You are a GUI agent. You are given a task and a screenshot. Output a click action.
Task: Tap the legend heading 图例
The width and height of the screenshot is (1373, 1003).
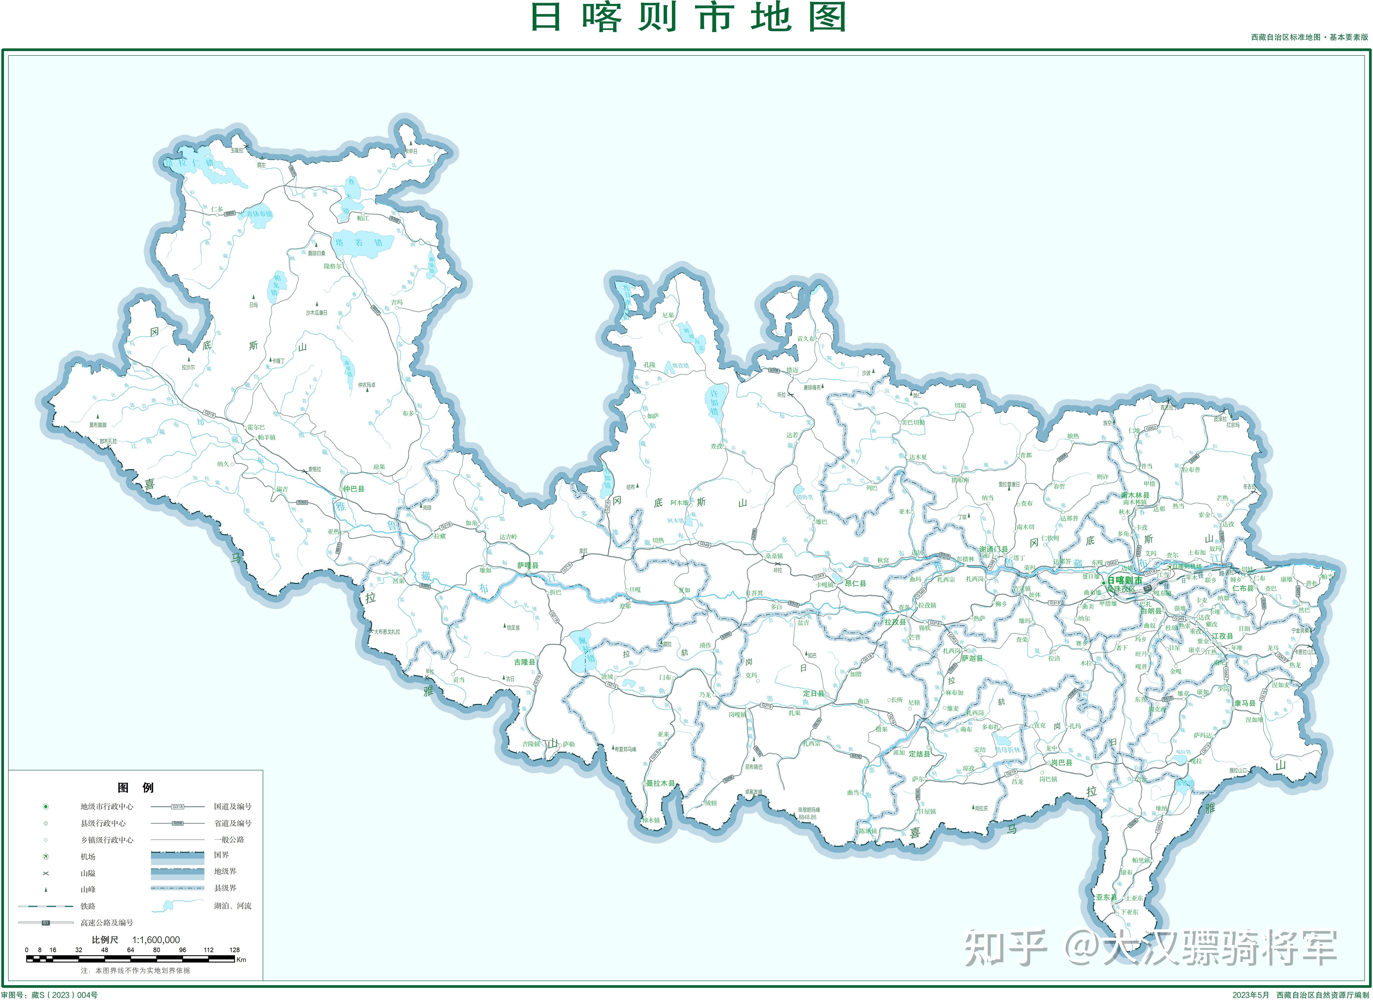coord(135,788)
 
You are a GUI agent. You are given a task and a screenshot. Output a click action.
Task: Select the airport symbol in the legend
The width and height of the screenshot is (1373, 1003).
coord(46,857)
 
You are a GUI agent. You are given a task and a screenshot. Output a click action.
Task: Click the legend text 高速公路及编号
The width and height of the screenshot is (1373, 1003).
coord(107,923)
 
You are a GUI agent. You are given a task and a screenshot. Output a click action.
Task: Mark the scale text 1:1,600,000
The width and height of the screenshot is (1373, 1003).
coord(156,940)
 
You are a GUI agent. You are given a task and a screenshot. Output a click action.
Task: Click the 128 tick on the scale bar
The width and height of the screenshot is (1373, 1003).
coord(234,950)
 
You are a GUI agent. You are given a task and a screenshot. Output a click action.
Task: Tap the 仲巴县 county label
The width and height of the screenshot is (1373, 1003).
coord(354,489)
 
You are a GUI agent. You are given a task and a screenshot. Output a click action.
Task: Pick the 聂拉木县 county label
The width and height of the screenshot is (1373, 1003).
coord(660,783)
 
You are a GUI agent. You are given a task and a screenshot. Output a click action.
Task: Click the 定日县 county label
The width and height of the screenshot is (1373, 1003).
coord(813,693)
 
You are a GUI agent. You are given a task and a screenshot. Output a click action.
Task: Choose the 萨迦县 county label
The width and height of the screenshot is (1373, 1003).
coord(972,658)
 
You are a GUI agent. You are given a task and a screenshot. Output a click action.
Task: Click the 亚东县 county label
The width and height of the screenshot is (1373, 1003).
coord(1106,897)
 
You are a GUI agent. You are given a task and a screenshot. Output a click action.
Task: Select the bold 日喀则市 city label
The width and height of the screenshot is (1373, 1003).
coord(1124,580)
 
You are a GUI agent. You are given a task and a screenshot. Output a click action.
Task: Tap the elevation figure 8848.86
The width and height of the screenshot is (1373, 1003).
coord(807,817)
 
